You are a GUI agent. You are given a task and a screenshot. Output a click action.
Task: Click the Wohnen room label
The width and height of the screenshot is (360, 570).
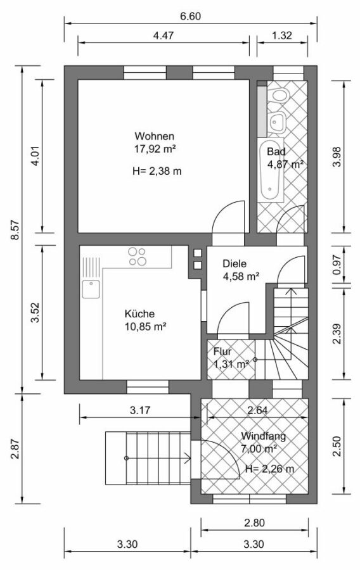click(x=154, y=136)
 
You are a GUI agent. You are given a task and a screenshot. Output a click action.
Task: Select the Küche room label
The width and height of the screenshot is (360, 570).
click(x=139, y=313)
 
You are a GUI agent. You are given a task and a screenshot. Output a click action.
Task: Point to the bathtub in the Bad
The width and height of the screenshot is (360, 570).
click(x=271, y=169)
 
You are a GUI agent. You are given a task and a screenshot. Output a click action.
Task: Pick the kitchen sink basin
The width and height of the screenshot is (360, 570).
click(x=91, y=289)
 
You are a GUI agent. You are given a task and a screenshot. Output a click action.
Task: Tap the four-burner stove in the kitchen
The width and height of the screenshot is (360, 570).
click(x=137, y=256)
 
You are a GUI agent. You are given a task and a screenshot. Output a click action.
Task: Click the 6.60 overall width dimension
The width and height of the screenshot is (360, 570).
click(x=191, y=16)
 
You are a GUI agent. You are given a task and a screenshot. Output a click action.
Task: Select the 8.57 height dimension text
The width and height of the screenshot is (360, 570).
click(x=15, y=230)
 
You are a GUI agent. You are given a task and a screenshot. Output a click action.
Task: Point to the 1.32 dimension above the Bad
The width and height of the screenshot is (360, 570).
click(x=282, y=35)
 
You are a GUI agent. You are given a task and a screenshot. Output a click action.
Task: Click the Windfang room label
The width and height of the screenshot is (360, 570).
click(x=263, y=436)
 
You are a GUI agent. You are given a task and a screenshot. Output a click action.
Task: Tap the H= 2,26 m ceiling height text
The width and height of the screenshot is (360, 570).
click(x=269, y=469)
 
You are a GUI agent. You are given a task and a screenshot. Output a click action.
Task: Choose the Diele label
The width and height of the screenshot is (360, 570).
click(x=235, y=263)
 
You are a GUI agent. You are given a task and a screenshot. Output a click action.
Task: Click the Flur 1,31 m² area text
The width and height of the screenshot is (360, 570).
click(x=231, y=364)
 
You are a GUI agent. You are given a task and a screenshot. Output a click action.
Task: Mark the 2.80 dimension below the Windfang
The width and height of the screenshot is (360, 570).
click(x=255, y=523)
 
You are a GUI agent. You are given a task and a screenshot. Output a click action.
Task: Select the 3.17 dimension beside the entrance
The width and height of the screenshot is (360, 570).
click(x=140, y=410)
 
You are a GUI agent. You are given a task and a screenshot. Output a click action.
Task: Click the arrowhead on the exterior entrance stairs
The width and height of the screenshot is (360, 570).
click(x=188, y=458)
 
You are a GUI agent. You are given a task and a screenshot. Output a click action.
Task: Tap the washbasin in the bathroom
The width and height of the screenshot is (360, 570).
click(x=278, y=120)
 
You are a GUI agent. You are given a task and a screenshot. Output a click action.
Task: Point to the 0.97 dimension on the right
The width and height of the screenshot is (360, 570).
click(x=337, y=265)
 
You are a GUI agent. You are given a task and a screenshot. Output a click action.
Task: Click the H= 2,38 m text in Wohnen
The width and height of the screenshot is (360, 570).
click(x=157, y=171)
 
